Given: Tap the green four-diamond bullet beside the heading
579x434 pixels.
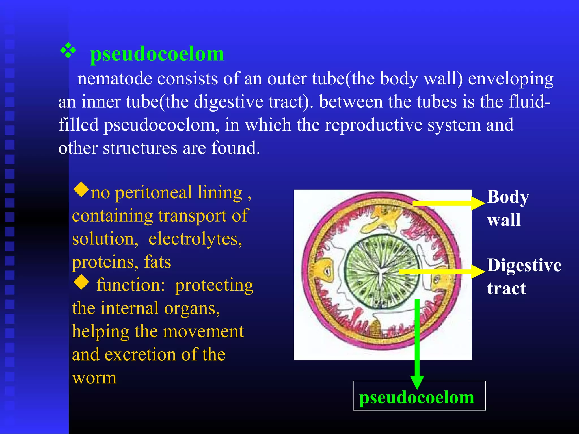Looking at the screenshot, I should [x=68, y=51].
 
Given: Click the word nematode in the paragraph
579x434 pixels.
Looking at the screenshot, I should [x=114, y=79].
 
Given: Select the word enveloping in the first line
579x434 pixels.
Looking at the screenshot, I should [x=511, y=79].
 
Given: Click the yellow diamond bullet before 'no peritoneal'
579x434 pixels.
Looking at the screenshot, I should [x=81, y=190].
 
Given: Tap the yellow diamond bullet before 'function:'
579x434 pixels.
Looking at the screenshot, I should [x=81, y=282].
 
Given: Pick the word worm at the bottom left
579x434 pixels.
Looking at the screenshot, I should [x=94, y=378].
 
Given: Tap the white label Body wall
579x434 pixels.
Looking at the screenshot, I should [x=508, y=208].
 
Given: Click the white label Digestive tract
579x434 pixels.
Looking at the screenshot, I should [x=524, y=277].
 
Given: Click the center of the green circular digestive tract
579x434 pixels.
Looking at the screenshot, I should [x=381, y=271].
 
